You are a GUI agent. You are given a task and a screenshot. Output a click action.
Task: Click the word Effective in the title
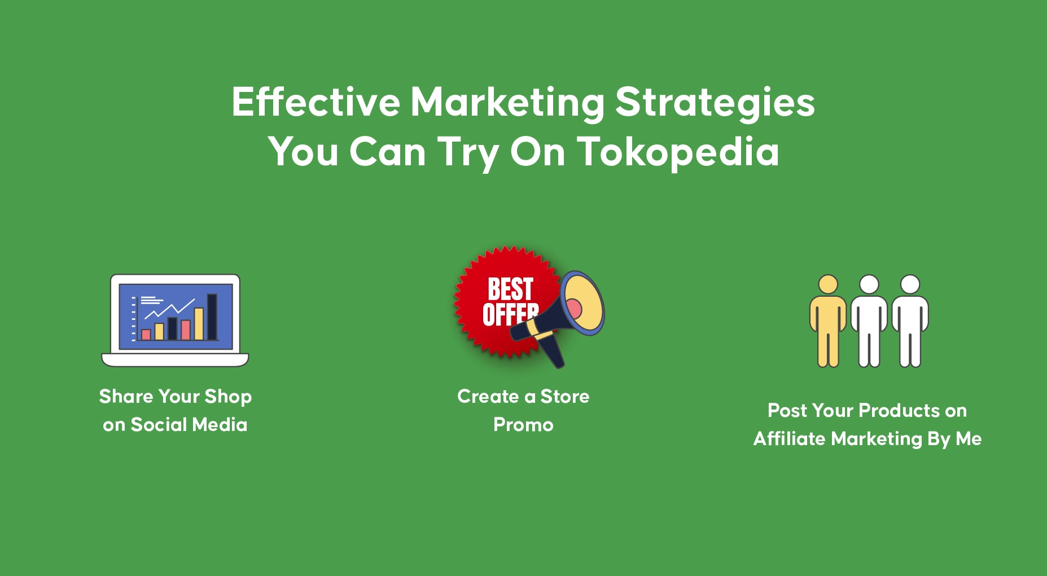point(316,102)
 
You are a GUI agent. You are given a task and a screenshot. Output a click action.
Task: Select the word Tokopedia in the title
point(678,152)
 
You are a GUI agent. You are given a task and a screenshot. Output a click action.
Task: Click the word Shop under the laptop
point(228,397)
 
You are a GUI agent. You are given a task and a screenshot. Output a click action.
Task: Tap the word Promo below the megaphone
point(523,424)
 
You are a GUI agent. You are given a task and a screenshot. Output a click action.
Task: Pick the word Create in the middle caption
point(488,396)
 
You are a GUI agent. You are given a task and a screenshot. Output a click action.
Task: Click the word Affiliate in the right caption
point(789,438)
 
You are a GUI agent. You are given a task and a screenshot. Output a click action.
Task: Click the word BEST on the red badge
point(510,289)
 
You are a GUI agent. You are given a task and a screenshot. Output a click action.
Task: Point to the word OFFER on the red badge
point(510,315)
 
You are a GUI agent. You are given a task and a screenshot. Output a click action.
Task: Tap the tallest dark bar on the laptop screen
point(212,317)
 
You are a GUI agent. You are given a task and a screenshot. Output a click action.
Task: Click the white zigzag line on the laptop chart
point(169,309)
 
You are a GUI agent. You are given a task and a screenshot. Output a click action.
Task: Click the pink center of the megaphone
point(574,309)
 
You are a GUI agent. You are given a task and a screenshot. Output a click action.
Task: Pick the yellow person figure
point(828,321)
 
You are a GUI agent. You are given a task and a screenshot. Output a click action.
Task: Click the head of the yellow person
point(828,284)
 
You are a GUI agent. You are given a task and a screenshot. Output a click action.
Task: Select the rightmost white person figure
point(910,321)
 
